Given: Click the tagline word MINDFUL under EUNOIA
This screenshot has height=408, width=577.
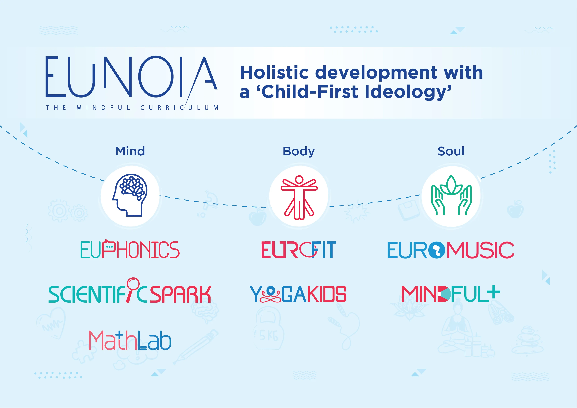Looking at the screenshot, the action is [x=103, y=108].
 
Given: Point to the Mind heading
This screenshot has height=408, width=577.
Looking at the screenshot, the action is [x=130, y=151].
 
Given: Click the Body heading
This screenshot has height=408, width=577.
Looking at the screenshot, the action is [x=299, y=151].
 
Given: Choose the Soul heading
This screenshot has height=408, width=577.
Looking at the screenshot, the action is [x=451, y=151].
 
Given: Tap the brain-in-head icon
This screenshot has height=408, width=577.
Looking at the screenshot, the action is [x=130, y=195].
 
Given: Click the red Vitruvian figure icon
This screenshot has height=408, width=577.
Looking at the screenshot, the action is [x=299, y=197].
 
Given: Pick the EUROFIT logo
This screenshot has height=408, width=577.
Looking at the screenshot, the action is [x=298, y=250].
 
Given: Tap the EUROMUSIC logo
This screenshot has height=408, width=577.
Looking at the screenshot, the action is [x=451, y=250].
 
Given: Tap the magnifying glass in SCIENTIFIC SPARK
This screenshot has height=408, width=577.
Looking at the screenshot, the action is [x=132, y=289].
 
